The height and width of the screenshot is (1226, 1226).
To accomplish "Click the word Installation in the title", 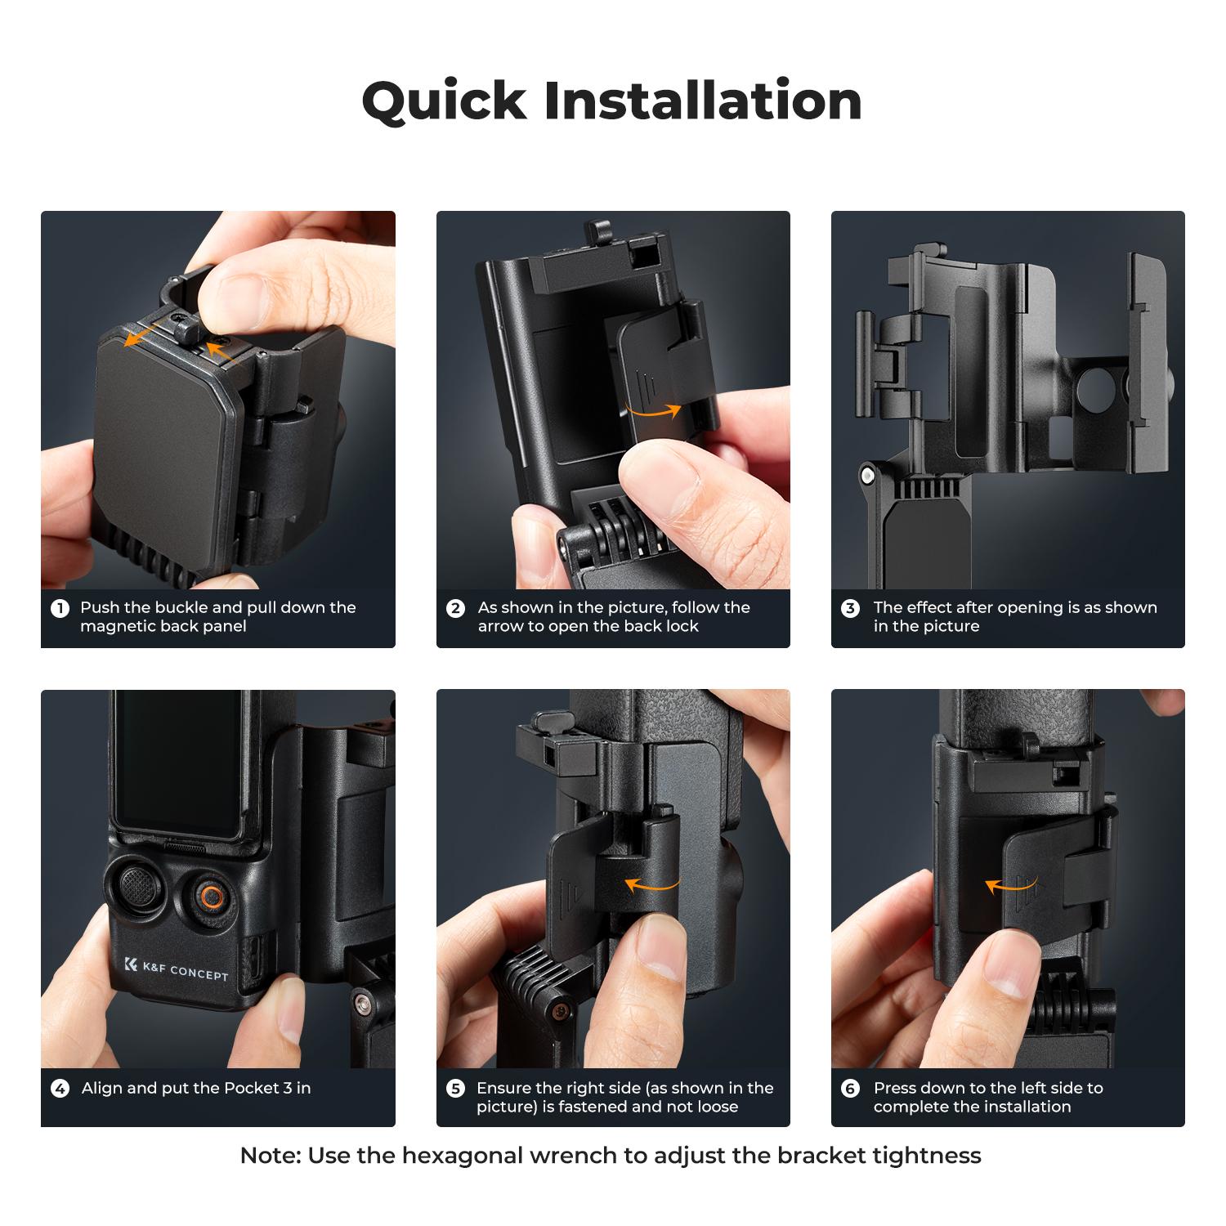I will coord(703,101).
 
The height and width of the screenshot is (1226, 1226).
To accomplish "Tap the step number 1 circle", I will coord(60,609).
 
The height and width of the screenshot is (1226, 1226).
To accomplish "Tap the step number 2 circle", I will coord(455,609).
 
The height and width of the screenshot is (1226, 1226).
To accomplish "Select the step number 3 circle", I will coord(850,609).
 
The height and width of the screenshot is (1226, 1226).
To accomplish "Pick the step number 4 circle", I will coord(60,1089).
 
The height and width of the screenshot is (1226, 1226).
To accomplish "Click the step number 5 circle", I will coord(455,1089).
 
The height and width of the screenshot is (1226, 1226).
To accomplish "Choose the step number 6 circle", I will coord(850,1089).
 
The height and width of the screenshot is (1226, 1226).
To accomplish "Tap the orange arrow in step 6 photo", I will coord(1010,884).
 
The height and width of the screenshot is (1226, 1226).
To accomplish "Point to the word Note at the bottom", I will coord(269,1156).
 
